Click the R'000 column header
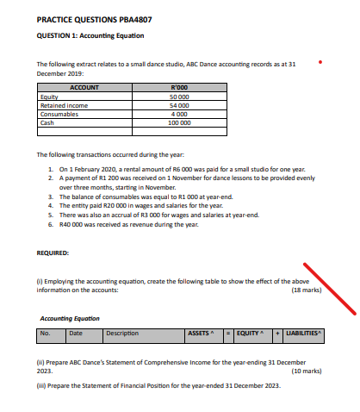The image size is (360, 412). click(181, 88)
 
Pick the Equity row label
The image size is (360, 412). click(49, 97)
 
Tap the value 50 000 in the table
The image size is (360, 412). click(179, 97)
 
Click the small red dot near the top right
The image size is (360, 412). click(320, 61)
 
